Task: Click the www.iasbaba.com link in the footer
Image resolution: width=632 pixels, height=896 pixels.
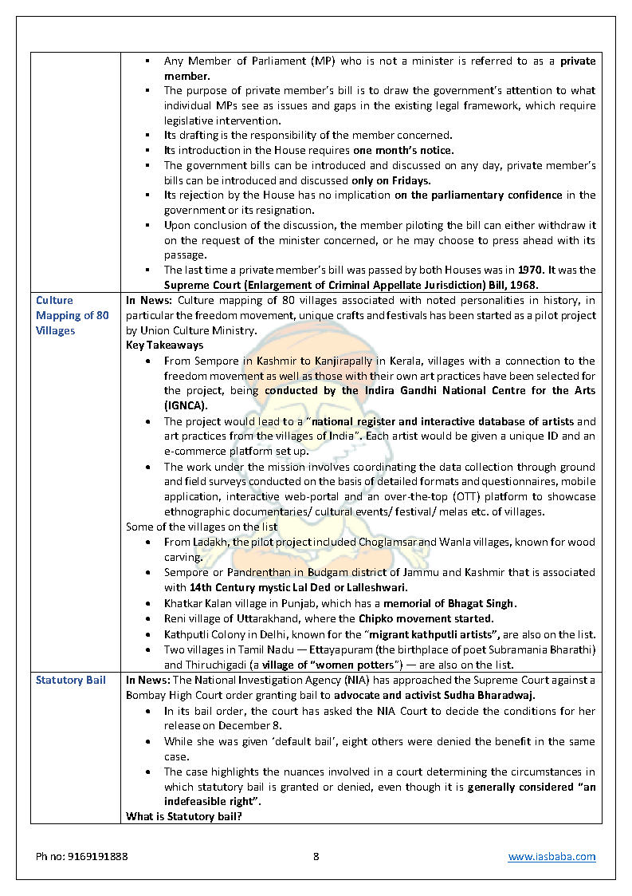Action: pos(552,856)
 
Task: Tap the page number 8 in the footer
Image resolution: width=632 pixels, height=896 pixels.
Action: pos(316,856)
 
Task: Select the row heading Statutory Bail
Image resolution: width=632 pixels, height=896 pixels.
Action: pos(70,680)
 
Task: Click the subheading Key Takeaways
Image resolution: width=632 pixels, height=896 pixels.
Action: pos(164,345)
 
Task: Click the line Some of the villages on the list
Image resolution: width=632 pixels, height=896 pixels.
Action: pos(201,527)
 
